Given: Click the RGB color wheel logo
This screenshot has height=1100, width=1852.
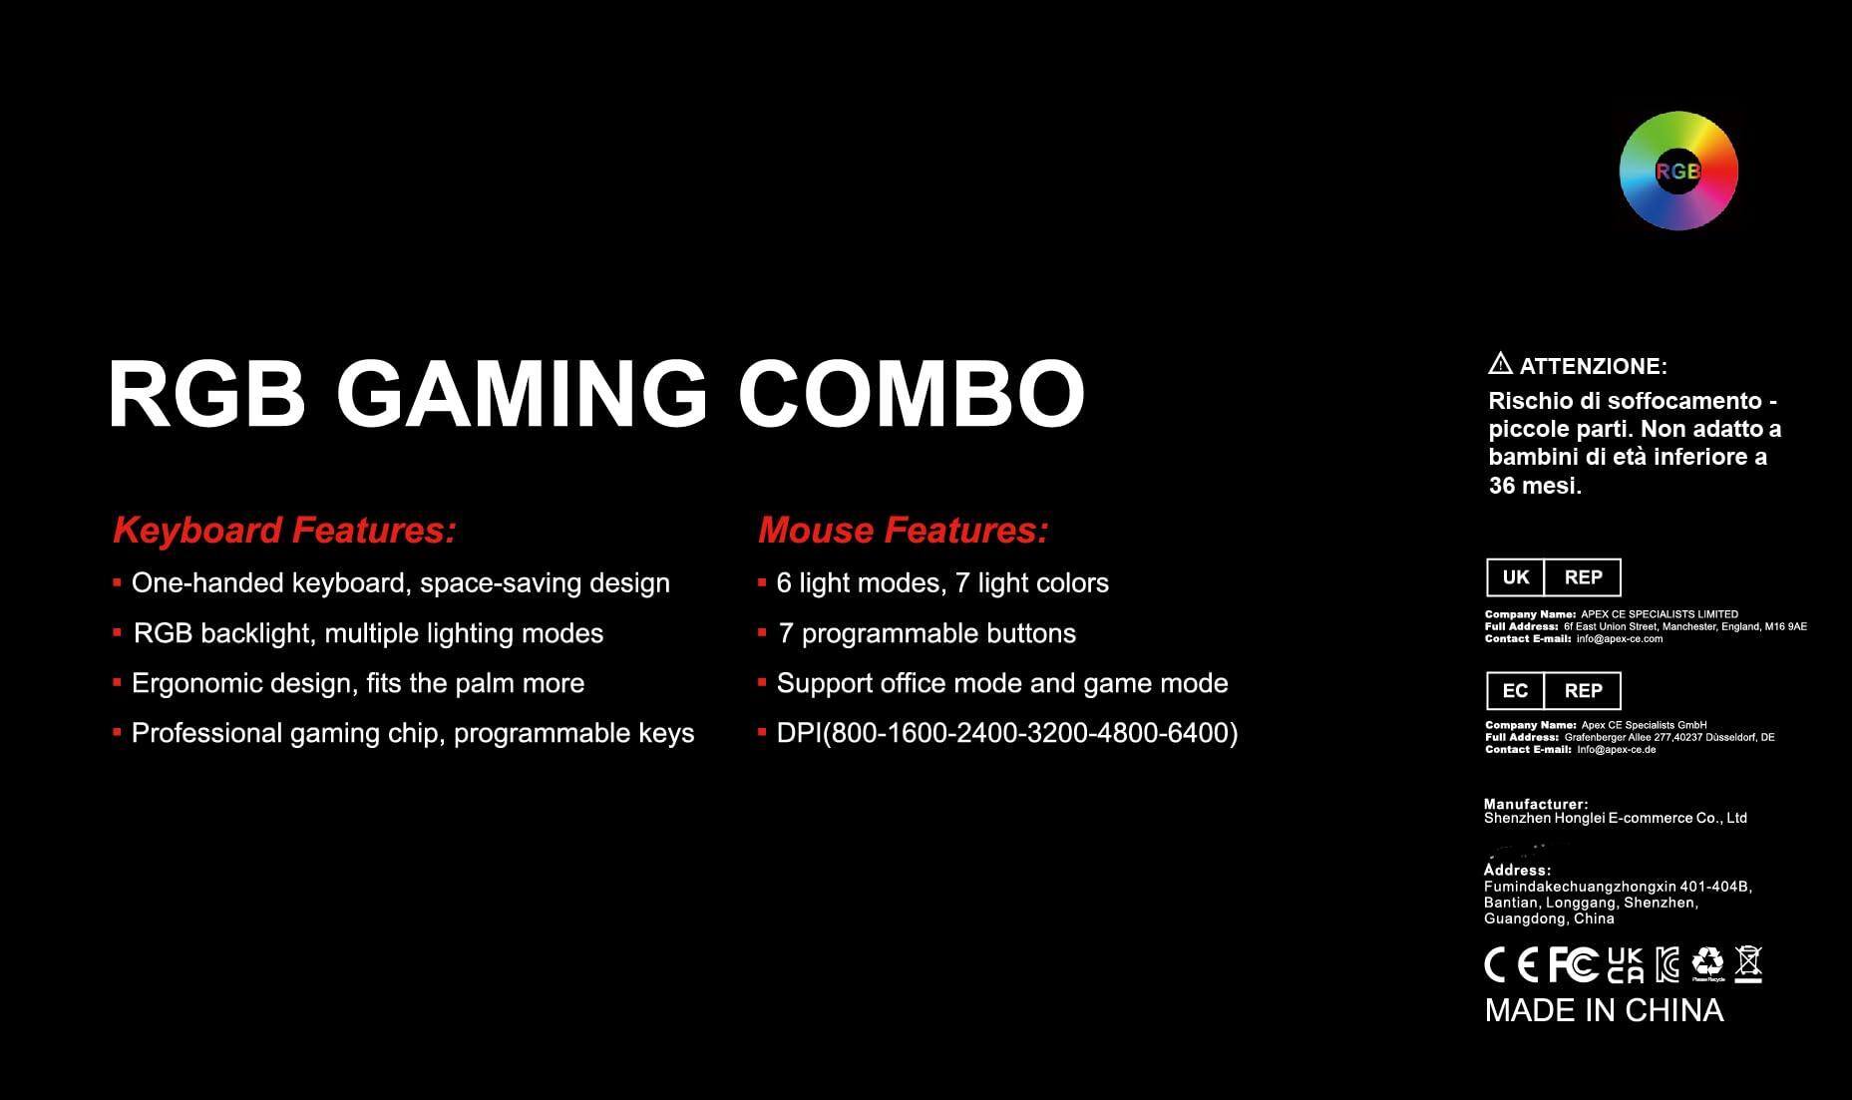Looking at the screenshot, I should [x=1678, y=171].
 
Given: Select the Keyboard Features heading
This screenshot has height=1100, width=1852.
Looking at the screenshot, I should [x=284, y=530].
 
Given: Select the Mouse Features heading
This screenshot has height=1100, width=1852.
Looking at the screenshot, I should [x=903, y=530].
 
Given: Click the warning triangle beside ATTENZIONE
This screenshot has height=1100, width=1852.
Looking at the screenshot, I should [x=1499, y=364].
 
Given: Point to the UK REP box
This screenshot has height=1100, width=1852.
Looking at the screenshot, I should [x=1553, y=577].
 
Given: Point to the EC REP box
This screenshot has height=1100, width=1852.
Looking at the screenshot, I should [x=1553, y=690].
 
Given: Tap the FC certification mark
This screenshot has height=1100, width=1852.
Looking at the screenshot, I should [x=1573, y=964].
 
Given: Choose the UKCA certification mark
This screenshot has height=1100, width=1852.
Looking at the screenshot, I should [x=1625, y=964].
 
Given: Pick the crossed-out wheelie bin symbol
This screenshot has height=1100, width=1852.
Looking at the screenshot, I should [x=1748, y=963].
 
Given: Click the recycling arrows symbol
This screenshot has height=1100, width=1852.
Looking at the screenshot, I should [x=1707, y=961].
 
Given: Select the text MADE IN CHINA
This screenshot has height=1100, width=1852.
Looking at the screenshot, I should [x=1604, y=1010].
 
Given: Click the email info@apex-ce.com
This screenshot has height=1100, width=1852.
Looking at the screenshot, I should [x=1620, y=639].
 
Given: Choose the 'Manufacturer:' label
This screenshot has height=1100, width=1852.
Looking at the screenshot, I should [x=1536, y=804].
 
